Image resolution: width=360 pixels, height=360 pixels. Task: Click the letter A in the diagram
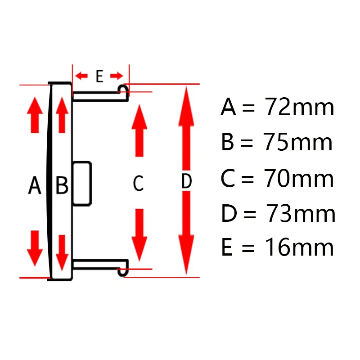coord(35,185)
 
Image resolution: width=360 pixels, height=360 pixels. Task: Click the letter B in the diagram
coord(62,185)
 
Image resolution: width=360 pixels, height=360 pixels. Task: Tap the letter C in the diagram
coord(138,183)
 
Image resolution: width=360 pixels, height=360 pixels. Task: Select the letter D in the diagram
coord(186,181)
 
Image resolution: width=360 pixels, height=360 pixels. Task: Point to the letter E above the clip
coord(99,76)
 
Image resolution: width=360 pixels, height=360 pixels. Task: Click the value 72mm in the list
coord(300,108)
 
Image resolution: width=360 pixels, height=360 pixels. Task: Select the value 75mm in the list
coord(300,143)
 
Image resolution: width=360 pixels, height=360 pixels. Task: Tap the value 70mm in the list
coord(300,179)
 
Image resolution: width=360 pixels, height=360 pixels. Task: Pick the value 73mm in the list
coord(301,214)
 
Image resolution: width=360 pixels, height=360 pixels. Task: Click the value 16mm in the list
coord(300,248)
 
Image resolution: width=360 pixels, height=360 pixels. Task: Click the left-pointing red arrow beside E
coord(82,76)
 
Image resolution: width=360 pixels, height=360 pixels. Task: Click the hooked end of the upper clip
coord(124,90)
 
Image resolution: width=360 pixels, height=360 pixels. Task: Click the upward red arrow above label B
coord(62,115)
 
